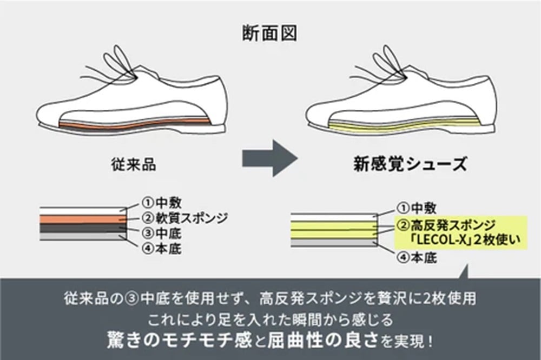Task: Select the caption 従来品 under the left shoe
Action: pos(133,164)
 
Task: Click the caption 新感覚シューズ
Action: pos(410,163)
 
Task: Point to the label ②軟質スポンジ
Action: pos(184,218)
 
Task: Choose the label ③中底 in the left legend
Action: pos(161,233)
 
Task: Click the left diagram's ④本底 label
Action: pos(161,249)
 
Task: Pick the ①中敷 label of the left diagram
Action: pos(161,202)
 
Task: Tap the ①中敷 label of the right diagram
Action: pos(416,208)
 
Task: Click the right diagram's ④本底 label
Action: pos(417,258)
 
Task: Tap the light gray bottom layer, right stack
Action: pos(333,243)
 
